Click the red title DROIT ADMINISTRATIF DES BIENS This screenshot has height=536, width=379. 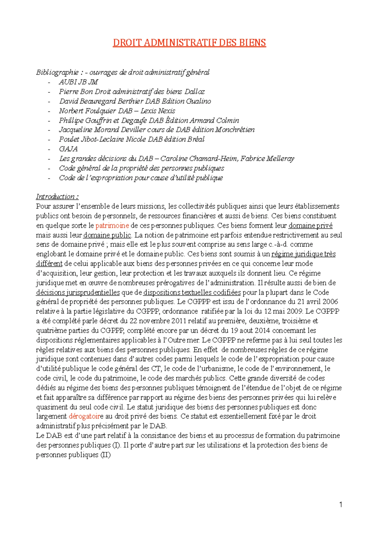(189, 43)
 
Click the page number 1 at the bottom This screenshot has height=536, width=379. (340, 504)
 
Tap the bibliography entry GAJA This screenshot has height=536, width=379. (68, 149)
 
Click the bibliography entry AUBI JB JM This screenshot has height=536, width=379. (78, 82)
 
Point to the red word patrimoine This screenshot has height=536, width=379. (112, 226)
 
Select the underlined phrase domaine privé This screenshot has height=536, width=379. (310, 226)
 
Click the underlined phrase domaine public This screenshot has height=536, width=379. (107, 235)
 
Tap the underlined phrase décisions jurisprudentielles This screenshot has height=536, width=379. (78, 292)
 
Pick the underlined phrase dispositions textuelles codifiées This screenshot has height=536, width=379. (192, 292)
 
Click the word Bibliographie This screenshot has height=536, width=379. (57, 72)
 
